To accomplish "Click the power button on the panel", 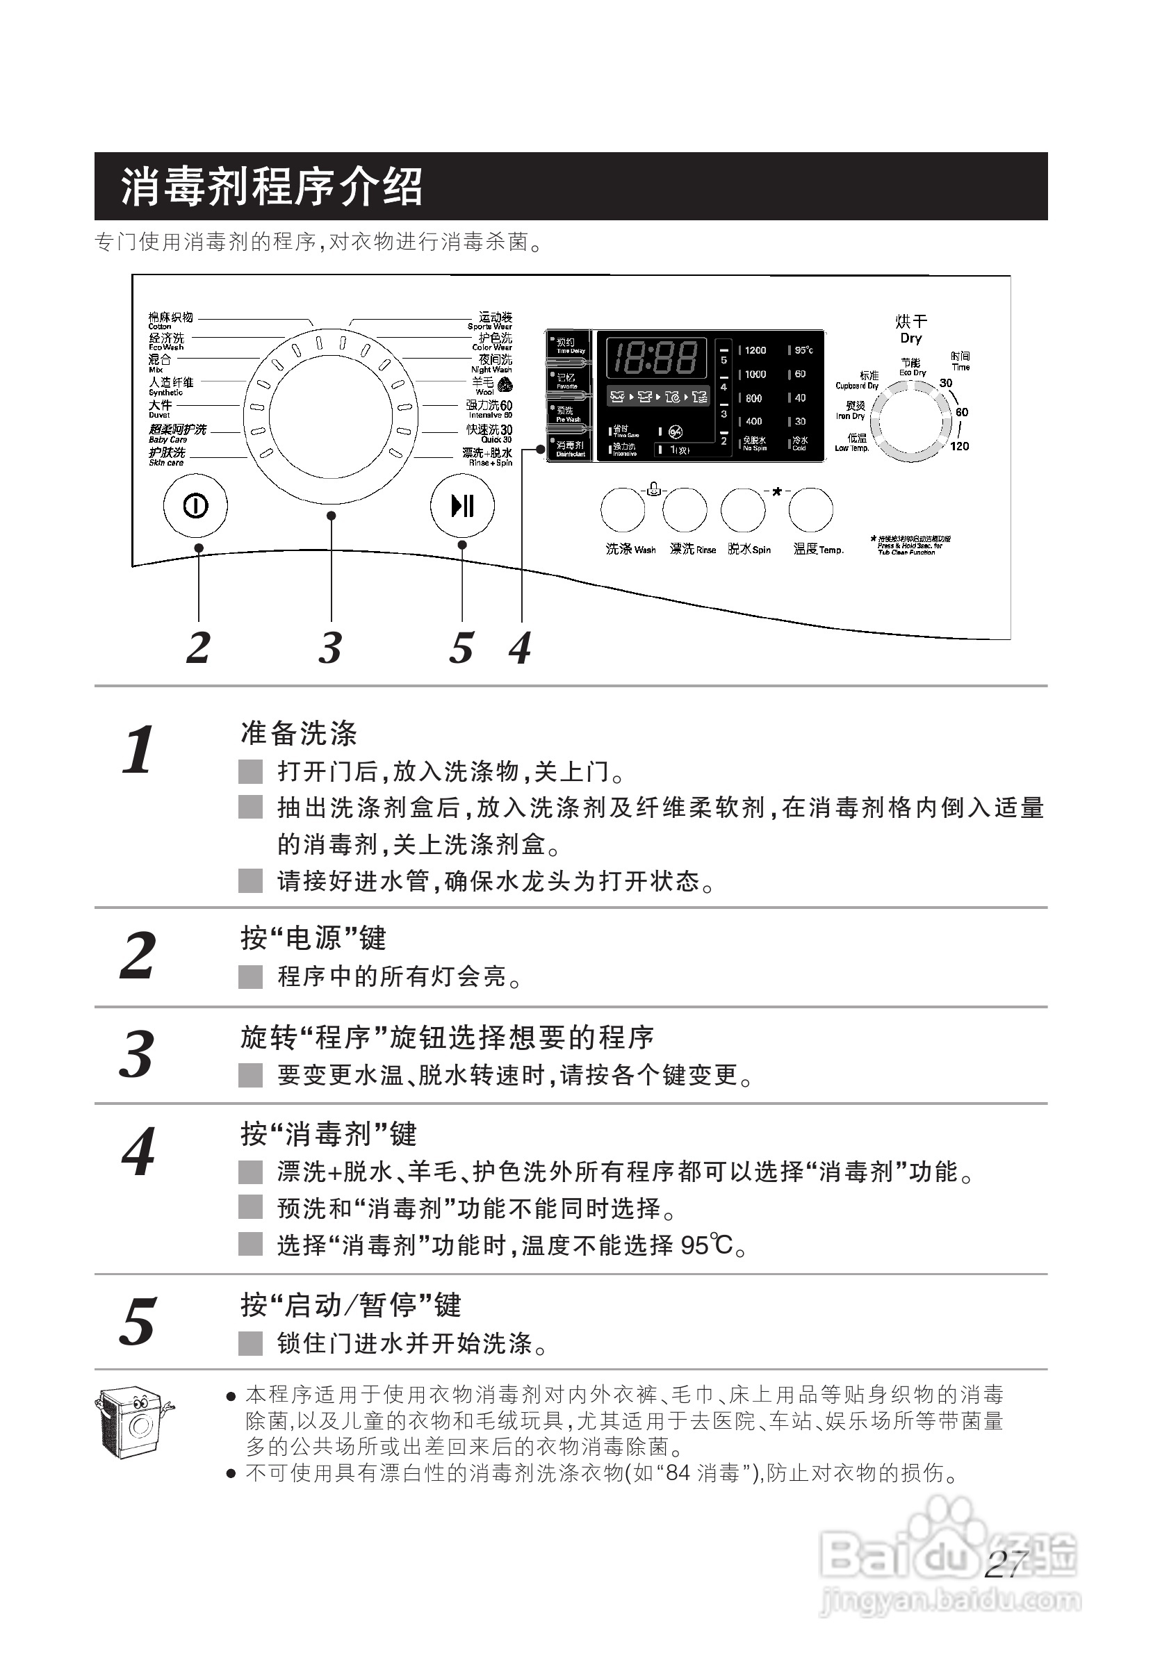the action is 195,506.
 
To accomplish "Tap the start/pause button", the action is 461,505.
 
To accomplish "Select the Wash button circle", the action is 622,509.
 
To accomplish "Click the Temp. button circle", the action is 810,509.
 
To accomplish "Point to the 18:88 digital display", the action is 655,357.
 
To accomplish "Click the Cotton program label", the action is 170,319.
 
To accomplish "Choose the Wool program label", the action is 484,384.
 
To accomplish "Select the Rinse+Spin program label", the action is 488,456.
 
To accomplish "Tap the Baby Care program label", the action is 177,433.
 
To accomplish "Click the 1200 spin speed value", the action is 755,350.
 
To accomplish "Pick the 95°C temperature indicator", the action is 803,350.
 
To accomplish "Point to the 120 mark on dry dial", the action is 959,445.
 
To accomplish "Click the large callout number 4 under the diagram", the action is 520,647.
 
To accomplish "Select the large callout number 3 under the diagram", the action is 330,647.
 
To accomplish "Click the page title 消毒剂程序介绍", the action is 271,186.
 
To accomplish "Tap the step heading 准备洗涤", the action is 298,733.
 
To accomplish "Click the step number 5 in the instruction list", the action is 138,1321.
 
